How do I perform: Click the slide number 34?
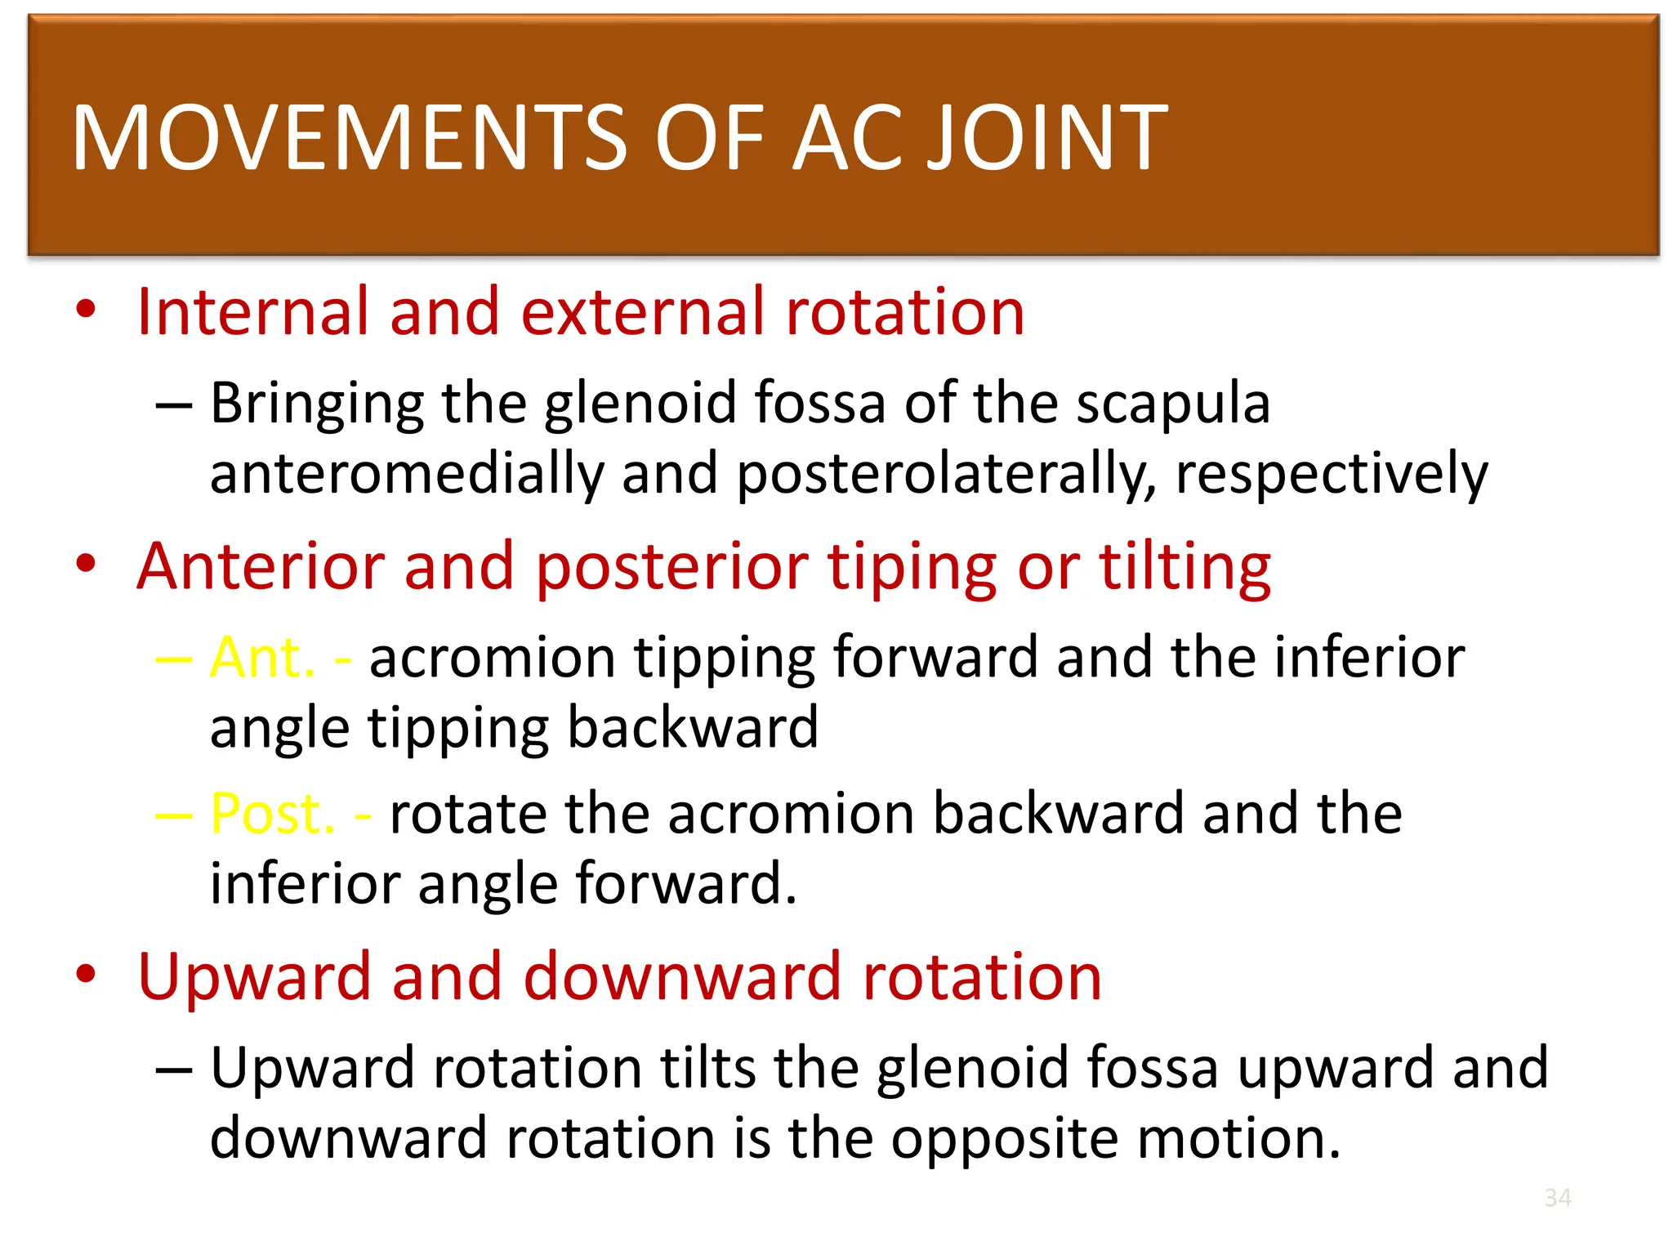(1558, 1198)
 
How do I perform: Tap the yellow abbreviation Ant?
(262, 657)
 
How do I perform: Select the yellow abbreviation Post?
(272, 813)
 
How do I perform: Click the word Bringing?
(317, 404)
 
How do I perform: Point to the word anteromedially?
(406, 474)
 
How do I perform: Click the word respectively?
(1332, 474)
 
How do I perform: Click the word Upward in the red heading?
(254, 977)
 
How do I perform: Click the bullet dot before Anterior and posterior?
(86, 564)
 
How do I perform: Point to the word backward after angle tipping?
(692, 727)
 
